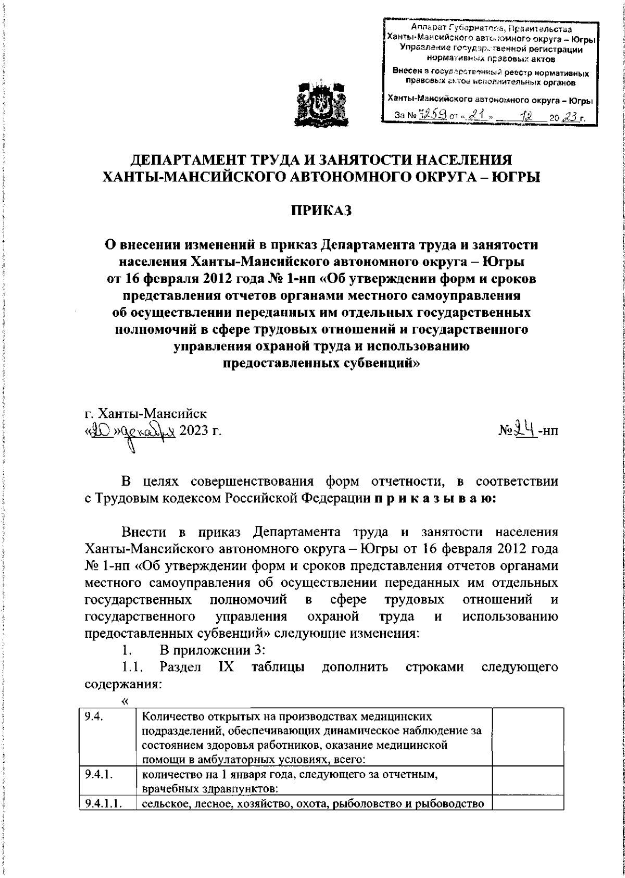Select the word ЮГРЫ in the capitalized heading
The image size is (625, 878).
pos(514,177)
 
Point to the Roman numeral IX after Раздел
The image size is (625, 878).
pos(225,667)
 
